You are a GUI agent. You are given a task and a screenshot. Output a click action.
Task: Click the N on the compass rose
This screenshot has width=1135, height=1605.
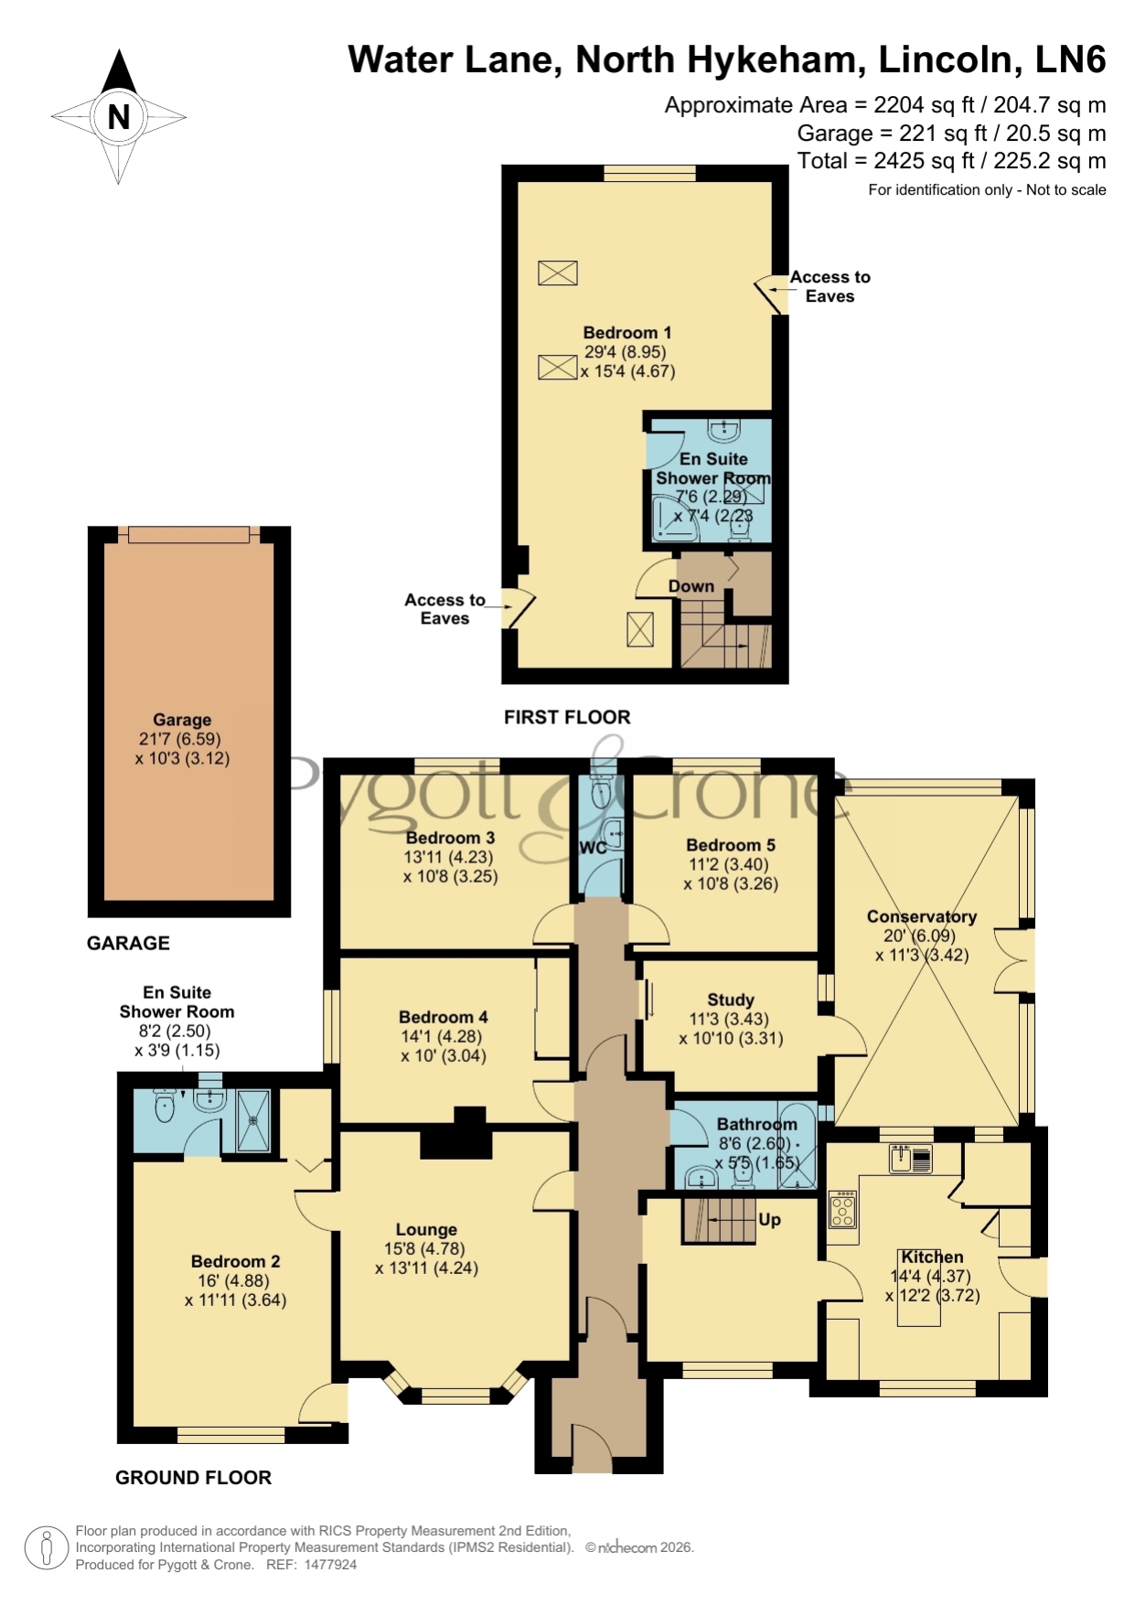(119, 117)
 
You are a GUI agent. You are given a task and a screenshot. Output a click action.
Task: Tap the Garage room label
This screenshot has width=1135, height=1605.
(182, 720)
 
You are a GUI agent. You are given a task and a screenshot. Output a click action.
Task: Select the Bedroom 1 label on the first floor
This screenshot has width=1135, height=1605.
(627, 333)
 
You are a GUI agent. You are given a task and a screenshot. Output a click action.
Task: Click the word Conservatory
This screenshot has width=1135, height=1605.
(922, 916)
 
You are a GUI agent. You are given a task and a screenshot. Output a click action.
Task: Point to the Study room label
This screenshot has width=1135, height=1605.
(731, 1000)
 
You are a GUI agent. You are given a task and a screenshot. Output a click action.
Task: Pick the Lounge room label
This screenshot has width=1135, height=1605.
(426, 1230)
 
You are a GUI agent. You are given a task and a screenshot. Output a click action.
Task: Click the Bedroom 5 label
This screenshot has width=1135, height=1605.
(731, 845)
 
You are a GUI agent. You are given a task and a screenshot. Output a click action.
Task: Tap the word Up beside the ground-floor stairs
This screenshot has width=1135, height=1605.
(769, 1220)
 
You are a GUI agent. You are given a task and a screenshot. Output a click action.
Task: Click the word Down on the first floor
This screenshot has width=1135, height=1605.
(691, 586)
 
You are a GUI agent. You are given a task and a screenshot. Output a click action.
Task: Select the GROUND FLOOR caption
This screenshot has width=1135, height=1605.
(193, 1478)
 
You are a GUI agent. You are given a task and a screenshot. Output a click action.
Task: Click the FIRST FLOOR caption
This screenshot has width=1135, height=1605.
(567, 717)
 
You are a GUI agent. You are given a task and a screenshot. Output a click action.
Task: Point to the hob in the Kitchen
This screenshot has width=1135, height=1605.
(842, 1209)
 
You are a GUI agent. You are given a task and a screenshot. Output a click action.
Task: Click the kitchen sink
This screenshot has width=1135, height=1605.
(910, 1159)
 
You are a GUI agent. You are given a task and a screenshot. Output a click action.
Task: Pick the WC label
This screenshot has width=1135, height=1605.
(593, 848)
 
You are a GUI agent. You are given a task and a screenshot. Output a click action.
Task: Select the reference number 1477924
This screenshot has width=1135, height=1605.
(329, 1565)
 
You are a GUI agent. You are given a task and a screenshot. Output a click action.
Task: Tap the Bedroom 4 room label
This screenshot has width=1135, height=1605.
(444, 1017)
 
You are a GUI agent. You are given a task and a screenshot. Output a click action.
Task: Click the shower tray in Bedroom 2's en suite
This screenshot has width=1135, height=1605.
(253, 1120)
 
